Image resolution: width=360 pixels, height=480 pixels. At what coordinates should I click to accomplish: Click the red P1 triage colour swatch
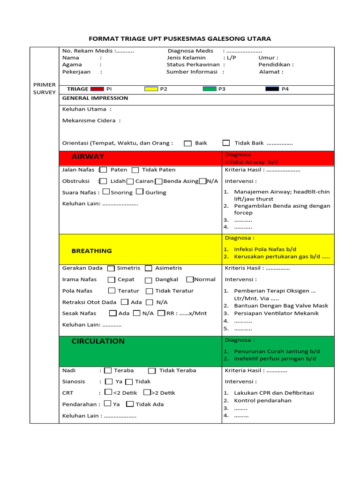97,89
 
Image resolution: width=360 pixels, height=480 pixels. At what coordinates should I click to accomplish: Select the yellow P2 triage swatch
151,89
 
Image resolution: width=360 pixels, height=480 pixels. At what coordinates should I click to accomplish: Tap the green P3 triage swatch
210,89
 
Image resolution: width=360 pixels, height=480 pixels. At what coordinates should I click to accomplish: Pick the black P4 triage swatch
272,89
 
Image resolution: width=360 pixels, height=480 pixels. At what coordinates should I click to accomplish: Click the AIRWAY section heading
88,157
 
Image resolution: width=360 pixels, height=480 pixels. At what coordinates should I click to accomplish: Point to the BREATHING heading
91,251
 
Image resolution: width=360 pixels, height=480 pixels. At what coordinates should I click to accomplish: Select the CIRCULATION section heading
98,341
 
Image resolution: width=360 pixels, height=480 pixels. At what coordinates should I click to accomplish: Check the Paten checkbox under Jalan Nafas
104,170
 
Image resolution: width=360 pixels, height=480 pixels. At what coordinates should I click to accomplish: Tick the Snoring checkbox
106,192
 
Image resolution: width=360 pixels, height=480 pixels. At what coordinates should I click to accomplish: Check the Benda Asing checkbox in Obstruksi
158,181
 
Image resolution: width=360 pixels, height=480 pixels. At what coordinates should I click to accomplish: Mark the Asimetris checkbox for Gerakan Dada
148,268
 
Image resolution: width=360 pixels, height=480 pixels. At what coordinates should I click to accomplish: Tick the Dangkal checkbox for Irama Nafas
148,279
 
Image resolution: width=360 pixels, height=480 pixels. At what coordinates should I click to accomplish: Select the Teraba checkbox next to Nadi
108,370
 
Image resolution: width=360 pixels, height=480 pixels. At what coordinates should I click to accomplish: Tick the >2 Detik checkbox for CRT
147,392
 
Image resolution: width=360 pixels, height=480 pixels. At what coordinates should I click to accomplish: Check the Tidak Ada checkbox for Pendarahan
130,404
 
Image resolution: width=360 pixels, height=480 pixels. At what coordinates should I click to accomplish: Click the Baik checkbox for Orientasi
187,143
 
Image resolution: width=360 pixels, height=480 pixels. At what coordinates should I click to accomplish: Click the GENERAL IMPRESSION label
95,98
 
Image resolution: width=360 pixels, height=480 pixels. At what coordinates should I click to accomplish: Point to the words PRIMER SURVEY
44,89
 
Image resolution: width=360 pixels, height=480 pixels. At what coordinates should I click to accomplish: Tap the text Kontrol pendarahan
262,400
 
